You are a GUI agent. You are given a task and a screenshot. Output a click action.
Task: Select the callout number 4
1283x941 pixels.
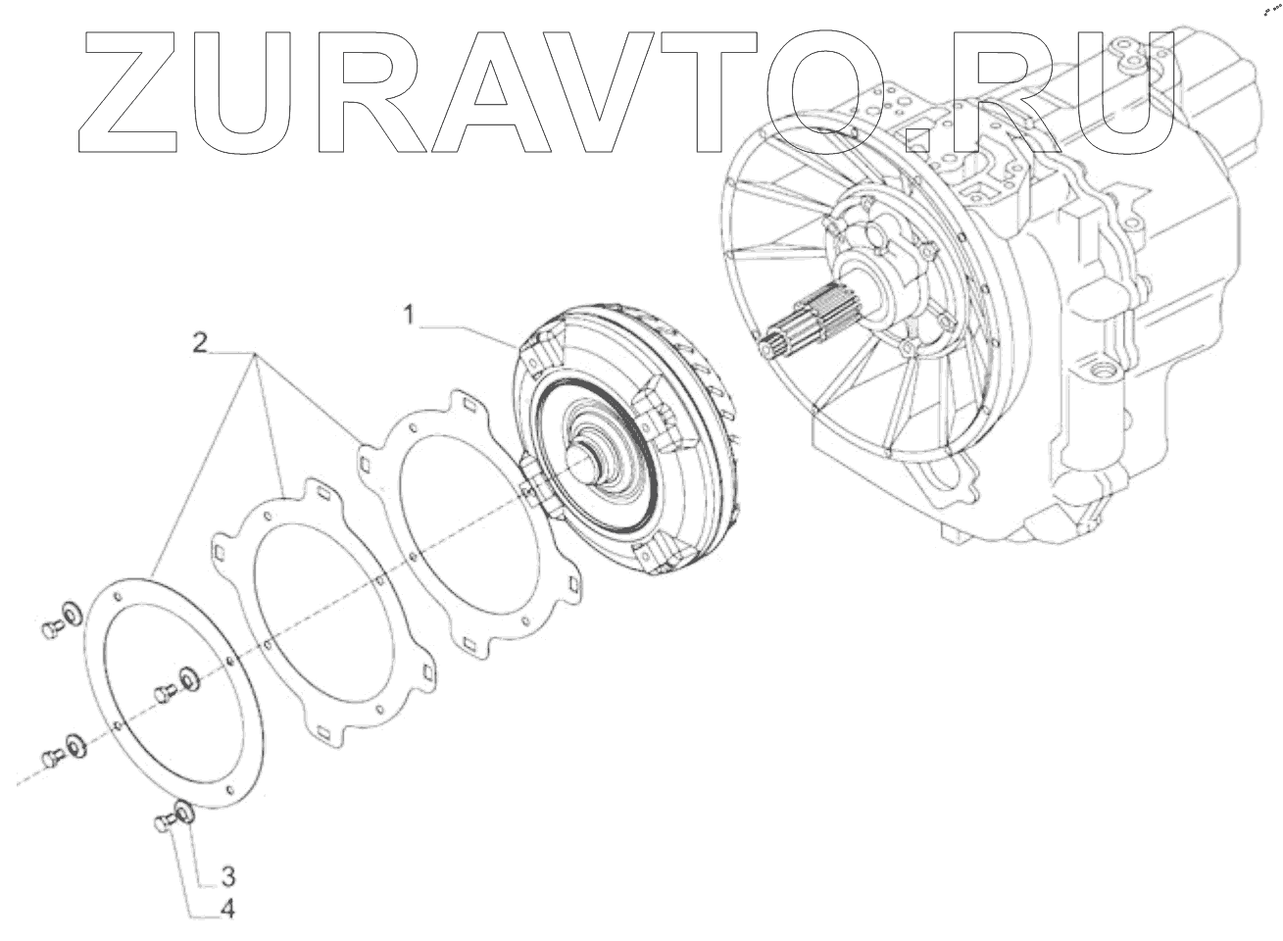coord(226,910)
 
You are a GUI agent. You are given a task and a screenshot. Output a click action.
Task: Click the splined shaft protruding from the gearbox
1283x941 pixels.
coord(804,323)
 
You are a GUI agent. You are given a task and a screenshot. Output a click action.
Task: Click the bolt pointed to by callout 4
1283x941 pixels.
coord(163,826)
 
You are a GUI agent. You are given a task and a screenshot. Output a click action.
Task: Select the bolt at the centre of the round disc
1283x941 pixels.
coord(165,694)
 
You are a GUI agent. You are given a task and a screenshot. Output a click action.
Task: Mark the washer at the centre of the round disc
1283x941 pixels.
coord(186,677)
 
